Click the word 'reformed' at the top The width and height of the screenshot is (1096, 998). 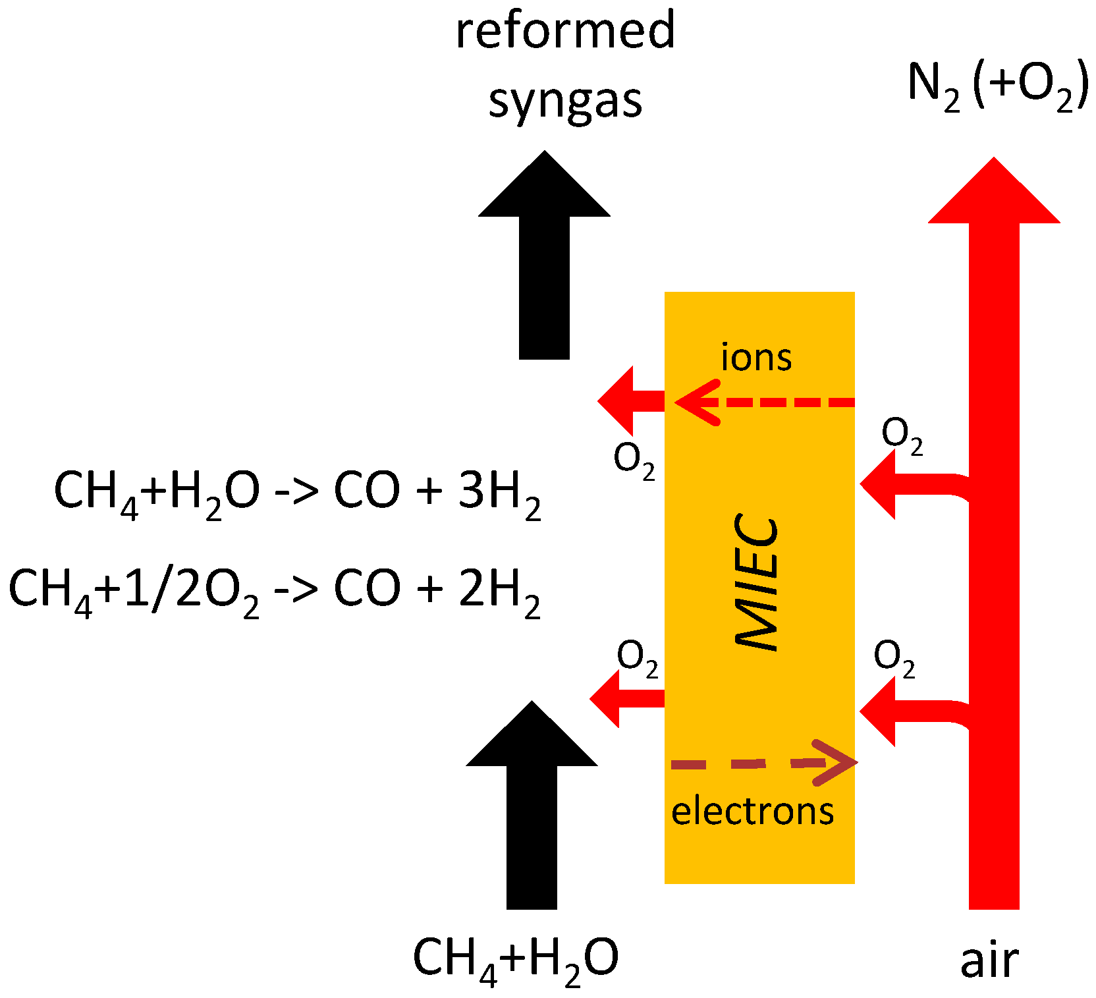tap(565, 30)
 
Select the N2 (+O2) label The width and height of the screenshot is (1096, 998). tap(997, 86)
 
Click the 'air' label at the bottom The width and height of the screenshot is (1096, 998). tap(989, 960)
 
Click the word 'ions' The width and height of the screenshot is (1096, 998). tap(756, 358)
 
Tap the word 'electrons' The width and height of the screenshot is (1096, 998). tap(752, 811)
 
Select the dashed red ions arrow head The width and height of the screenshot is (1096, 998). tap(692, 402)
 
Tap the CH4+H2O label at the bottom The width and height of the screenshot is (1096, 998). tap(515, 959)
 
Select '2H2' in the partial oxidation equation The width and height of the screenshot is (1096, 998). tap(499, 590)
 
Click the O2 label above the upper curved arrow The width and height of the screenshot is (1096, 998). tap(902, 435)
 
